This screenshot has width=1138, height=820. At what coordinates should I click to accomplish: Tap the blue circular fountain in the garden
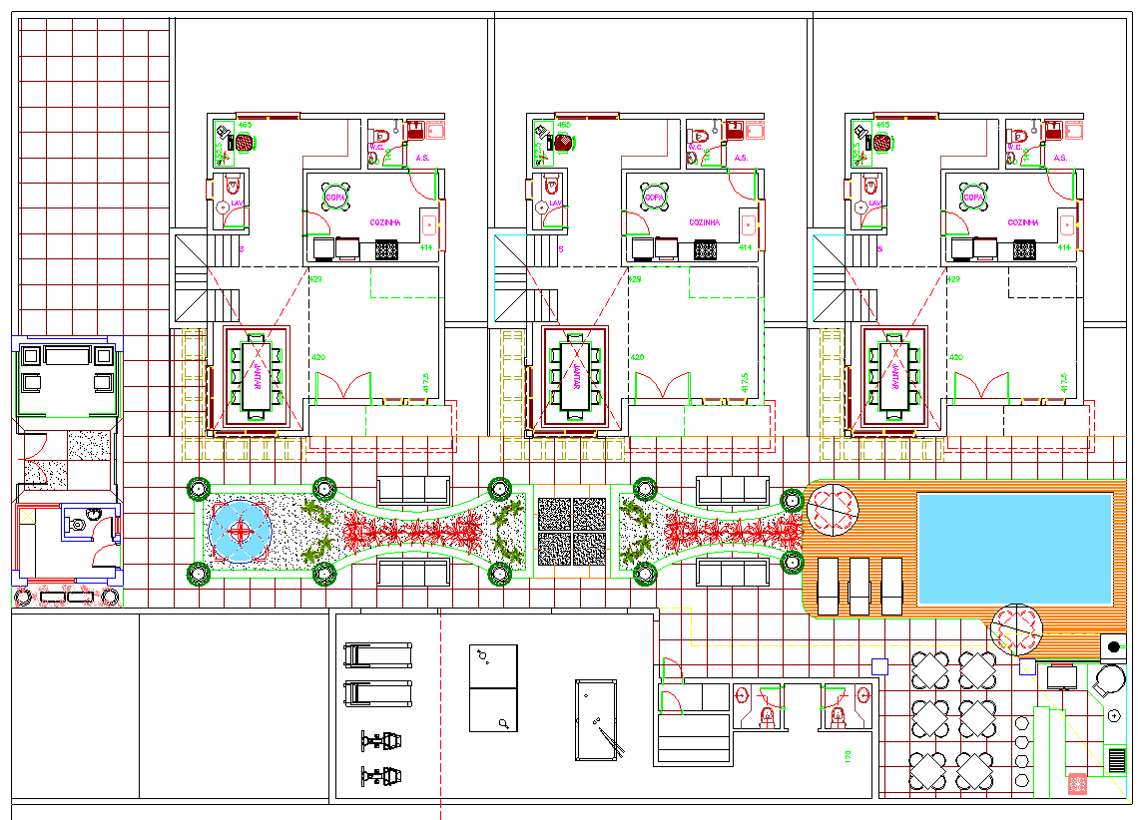(241, 532)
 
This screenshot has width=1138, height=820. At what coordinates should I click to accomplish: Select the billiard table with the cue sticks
(597, 718)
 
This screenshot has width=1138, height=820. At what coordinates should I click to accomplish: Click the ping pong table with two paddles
(494, 687)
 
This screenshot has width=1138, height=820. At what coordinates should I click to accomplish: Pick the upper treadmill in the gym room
(377, 655)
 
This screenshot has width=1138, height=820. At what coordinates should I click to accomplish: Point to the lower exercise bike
(381, 774)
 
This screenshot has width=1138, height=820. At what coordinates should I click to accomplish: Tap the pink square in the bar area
(1077, 784)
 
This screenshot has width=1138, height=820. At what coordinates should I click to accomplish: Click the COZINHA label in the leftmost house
(385, 222)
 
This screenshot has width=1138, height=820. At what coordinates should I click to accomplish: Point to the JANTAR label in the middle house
(574, 375)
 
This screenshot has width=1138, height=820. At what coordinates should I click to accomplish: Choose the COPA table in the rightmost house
(971, 197)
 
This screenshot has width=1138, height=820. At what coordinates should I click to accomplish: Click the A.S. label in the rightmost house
(1060, 158)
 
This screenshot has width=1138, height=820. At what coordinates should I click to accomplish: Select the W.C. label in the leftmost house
(377, 148)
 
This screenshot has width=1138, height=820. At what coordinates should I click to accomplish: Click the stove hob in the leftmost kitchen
(386, 249)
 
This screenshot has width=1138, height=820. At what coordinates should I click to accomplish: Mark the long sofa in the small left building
(66, 355)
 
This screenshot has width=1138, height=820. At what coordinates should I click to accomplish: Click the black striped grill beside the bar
(1116, 761)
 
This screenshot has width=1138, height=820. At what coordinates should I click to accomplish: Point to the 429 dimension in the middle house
(634, 280)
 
